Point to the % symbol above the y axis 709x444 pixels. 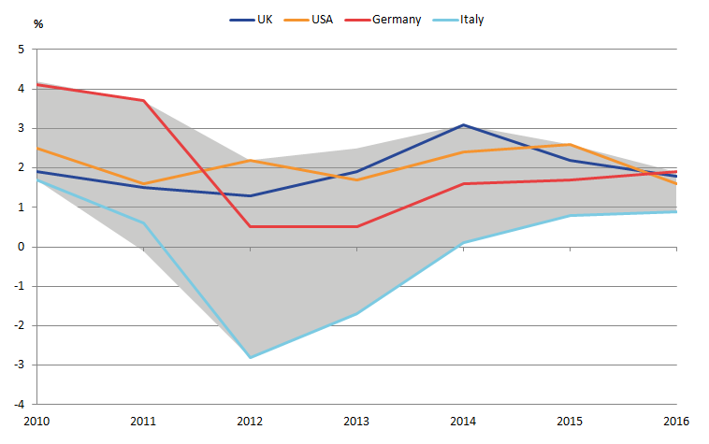point(38,24)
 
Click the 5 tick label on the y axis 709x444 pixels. point(21,50)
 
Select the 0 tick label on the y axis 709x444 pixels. point(21,248)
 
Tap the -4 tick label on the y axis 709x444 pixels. point(19,405)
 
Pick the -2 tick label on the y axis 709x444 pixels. point(19,326)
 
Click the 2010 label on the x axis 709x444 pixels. point(37,423)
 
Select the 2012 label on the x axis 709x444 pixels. point(251,423)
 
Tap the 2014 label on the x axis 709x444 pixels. point(464,423)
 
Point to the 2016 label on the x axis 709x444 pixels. point(677,423)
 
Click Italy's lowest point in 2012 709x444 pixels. point(251,358)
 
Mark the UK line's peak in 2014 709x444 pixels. point(464,124)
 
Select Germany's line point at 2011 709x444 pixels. point(144,101)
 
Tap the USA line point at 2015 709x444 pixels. point(571,145)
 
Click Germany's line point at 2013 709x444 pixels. point(357,226)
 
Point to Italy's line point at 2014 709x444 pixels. point(464,243)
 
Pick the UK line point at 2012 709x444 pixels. point(251,195)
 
